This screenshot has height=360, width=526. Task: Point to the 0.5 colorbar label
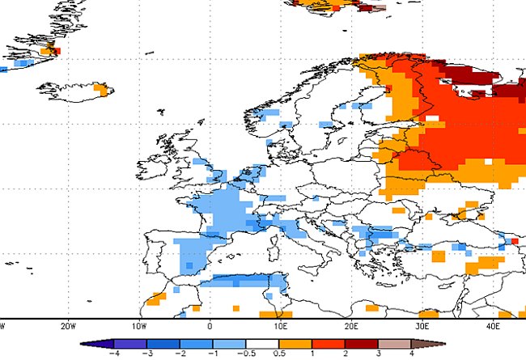point(279,353)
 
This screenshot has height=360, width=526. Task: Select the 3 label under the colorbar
point(379,353)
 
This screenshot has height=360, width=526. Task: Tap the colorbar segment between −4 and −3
point(131,341)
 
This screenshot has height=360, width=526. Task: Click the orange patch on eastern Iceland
point(101,87)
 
